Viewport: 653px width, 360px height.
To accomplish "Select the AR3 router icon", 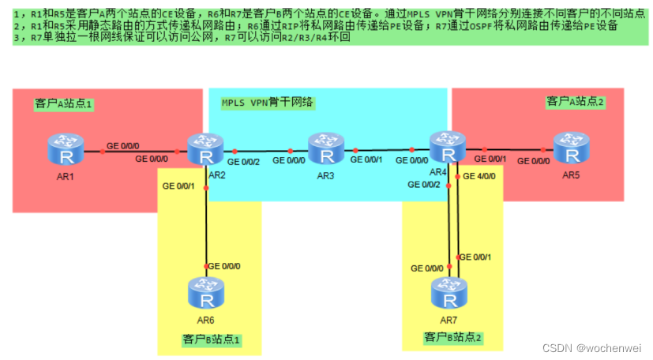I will [324, 148].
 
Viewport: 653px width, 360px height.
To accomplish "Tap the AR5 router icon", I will [570, 148].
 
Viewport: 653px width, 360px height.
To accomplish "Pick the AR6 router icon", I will [205, 293].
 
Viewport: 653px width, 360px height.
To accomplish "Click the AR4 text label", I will [438, 172].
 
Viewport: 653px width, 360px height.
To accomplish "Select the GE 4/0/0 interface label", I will [479, 176].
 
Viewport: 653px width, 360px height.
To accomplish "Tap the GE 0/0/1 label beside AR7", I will [476, 257].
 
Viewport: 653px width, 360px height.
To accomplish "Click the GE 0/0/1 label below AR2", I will [178, 186].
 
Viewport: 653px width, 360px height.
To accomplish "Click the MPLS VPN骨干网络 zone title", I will [268, 102].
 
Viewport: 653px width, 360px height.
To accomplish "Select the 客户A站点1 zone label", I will [63, 103].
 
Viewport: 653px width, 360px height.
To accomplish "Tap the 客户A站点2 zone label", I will [575, 101].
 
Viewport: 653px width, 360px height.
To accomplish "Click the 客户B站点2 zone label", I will [452, 337].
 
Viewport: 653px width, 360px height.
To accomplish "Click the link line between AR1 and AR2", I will [134, 150].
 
